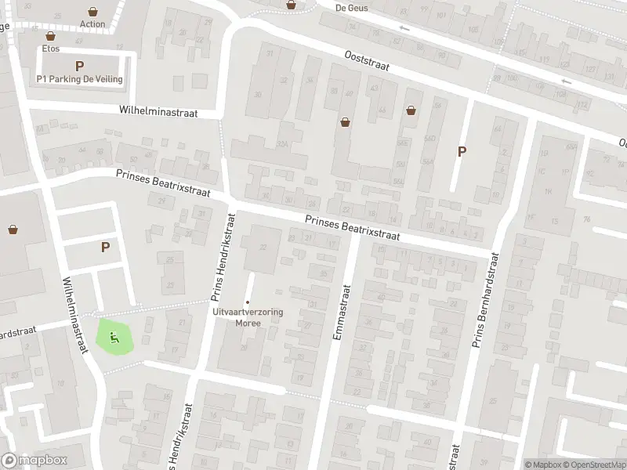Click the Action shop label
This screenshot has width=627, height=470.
92,24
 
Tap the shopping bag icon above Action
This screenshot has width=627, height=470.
93,12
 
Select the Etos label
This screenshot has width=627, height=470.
51,48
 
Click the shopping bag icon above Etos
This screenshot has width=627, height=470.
51,36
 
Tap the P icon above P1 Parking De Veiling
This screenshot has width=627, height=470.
79,66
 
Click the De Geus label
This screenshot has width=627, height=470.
351,8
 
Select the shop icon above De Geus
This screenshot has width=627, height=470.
292,4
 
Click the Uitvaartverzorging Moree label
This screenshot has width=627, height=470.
248,317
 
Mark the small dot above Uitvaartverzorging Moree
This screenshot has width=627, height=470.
248,302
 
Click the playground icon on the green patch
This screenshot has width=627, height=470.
114,338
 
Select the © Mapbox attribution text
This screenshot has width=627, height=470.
544,465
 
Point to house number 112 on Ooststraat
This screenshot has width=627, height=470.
581,104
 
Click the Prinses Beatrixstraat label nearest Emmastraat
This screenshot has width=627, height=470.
353,229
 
